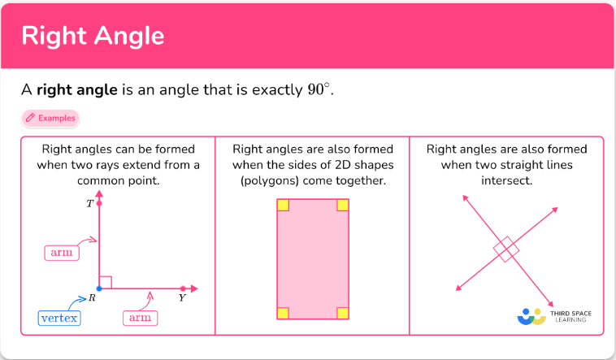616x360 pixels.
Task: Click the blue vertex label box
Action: [x=59, y=318]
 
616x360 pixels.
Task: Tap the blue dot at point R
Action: [x=99, y=288]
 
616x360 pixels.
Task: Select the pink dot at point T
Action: [x=99, y=203]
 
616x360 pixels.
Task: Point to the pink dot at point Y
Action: [x=183, y=288]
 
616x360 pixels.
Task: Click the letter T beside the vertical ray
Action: [x=90, y=204]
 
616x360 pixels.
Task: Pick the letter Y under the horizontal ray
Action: [x=182, y=298]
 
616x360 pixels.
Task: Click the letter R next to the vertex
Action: [x=92, y=298]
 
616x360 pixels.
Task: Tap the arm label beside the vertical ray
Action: [x=62, y=252]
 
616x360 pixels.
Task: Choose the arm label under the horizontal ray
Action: [x=141, y=318]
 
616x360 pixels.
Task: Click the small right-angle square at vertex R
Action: [x=106, y=282]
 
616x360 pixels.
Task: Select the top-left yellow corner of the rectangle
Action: [x=283, y=205]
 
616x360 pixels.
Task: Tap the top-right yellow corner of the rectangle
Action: [x=343, y=205]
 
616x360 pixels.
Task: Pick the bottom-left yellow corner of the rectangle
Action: [x=283, y=313]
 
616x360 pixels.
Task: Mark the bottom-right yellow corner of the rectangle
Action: [x=343, y=313]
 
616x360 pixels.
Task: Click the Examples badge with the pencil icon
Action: [x=50, y=118]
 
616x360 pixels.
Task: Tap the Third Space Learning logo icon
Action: [x=531, y=316]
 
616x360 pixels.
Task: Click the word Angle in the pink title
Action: [x=129, y=37]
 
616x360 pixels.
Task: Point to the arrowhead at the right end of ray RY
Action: [x=194, y=288]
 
